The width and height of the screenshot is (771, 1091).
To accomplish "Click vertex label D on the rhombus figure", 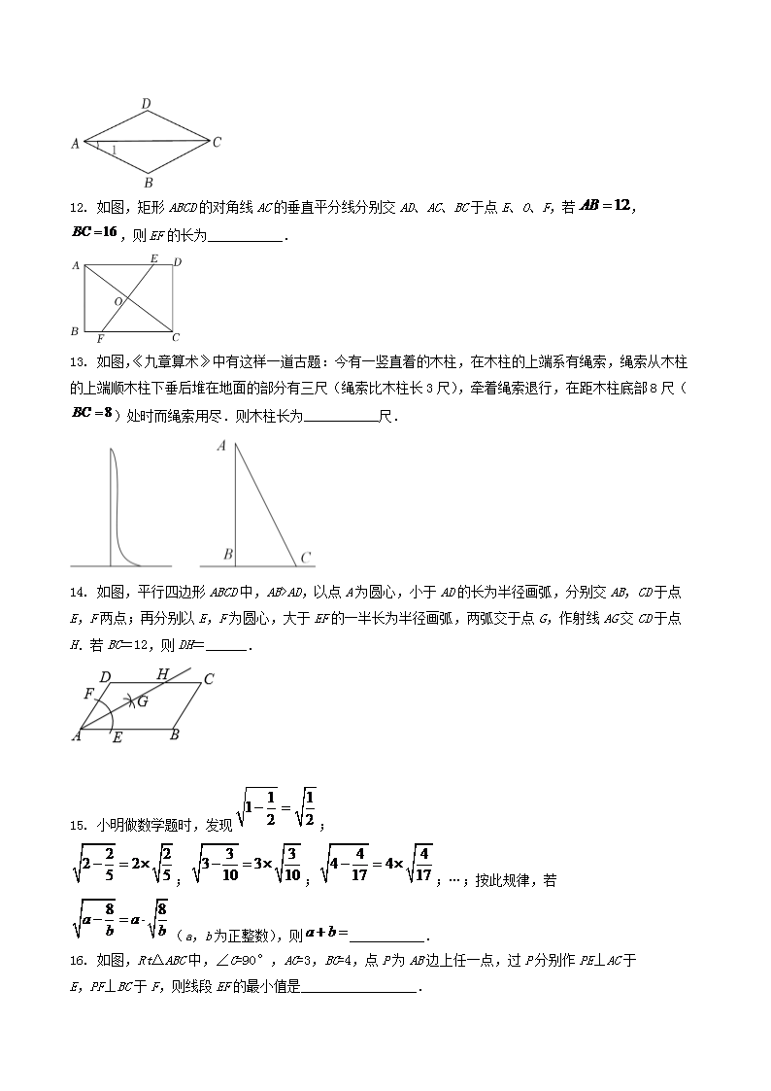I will coord(146,103).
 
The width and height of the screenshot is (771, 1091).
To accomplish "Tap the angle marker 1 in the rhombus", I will coord(114,151).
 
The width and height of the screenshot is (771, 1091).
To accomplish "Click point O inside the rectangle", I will coord(118,302).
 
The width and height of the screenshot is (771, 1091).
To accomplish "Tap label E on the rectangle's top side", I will coord(153,258).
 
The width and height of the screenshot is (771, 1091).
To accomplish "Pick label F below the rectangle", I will coord(100,339).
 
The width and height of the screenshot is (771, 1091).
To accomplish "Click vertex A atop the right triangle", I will coord(222,447).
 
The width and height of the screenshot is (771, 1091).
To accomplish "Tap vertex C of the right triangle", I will coord(305,558).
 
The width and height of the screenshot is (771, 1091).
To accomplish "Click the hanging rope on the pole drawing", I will coord(117,505).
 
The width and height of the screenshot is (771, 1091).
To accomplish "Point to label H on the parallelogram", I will coord(162,674).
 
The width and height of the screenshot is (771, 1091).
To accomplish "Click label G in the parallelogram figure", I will coord(142,701).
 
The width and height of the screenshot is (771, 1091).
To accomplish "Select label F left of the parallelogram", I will coord(88,694).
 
